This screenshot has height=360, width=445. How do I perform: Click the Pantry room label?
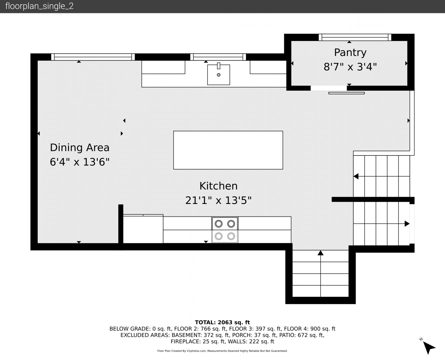pos(350,53)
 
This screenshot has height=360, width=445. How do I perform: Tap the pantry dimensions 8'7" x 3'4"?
pos(350,67)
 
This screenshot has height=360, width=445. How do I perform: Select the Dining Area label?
pos(80,148)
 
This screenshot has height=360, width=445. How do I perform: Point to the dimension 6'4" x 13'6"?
pos(80,162)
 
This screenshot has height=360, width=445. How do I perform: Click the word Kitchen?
pos(219,186)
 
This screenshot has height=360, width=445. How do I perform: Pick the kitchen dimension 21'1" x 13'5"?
pos(218,200)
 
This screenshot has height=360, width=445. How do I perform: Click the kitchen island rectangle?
pos(228,150)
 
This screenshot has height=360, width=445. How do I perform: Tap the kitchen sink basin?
pos(219,75)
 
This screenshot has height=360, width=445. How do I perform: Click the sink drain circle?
pos(219,75)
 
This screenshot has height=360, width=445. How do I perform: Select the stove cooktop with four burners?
pos(225,230)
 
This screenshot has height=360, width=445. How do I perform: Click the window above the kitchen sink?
pos(218,57)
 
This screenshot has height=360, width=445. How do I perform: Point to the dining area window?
pos(93,57)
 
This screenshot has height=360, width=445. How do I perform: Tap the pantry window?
pos(355,37)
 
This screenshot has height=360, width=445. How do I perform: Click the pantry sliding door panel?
pos(347,93)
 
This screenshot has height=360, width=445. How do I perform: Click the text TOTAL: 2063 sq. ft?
pos(222,322)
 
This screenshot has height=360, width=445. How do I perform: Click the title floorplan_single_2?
pos(39,6)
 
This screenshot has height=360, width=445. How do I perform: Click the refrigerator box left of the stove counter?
pos(143,229)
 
